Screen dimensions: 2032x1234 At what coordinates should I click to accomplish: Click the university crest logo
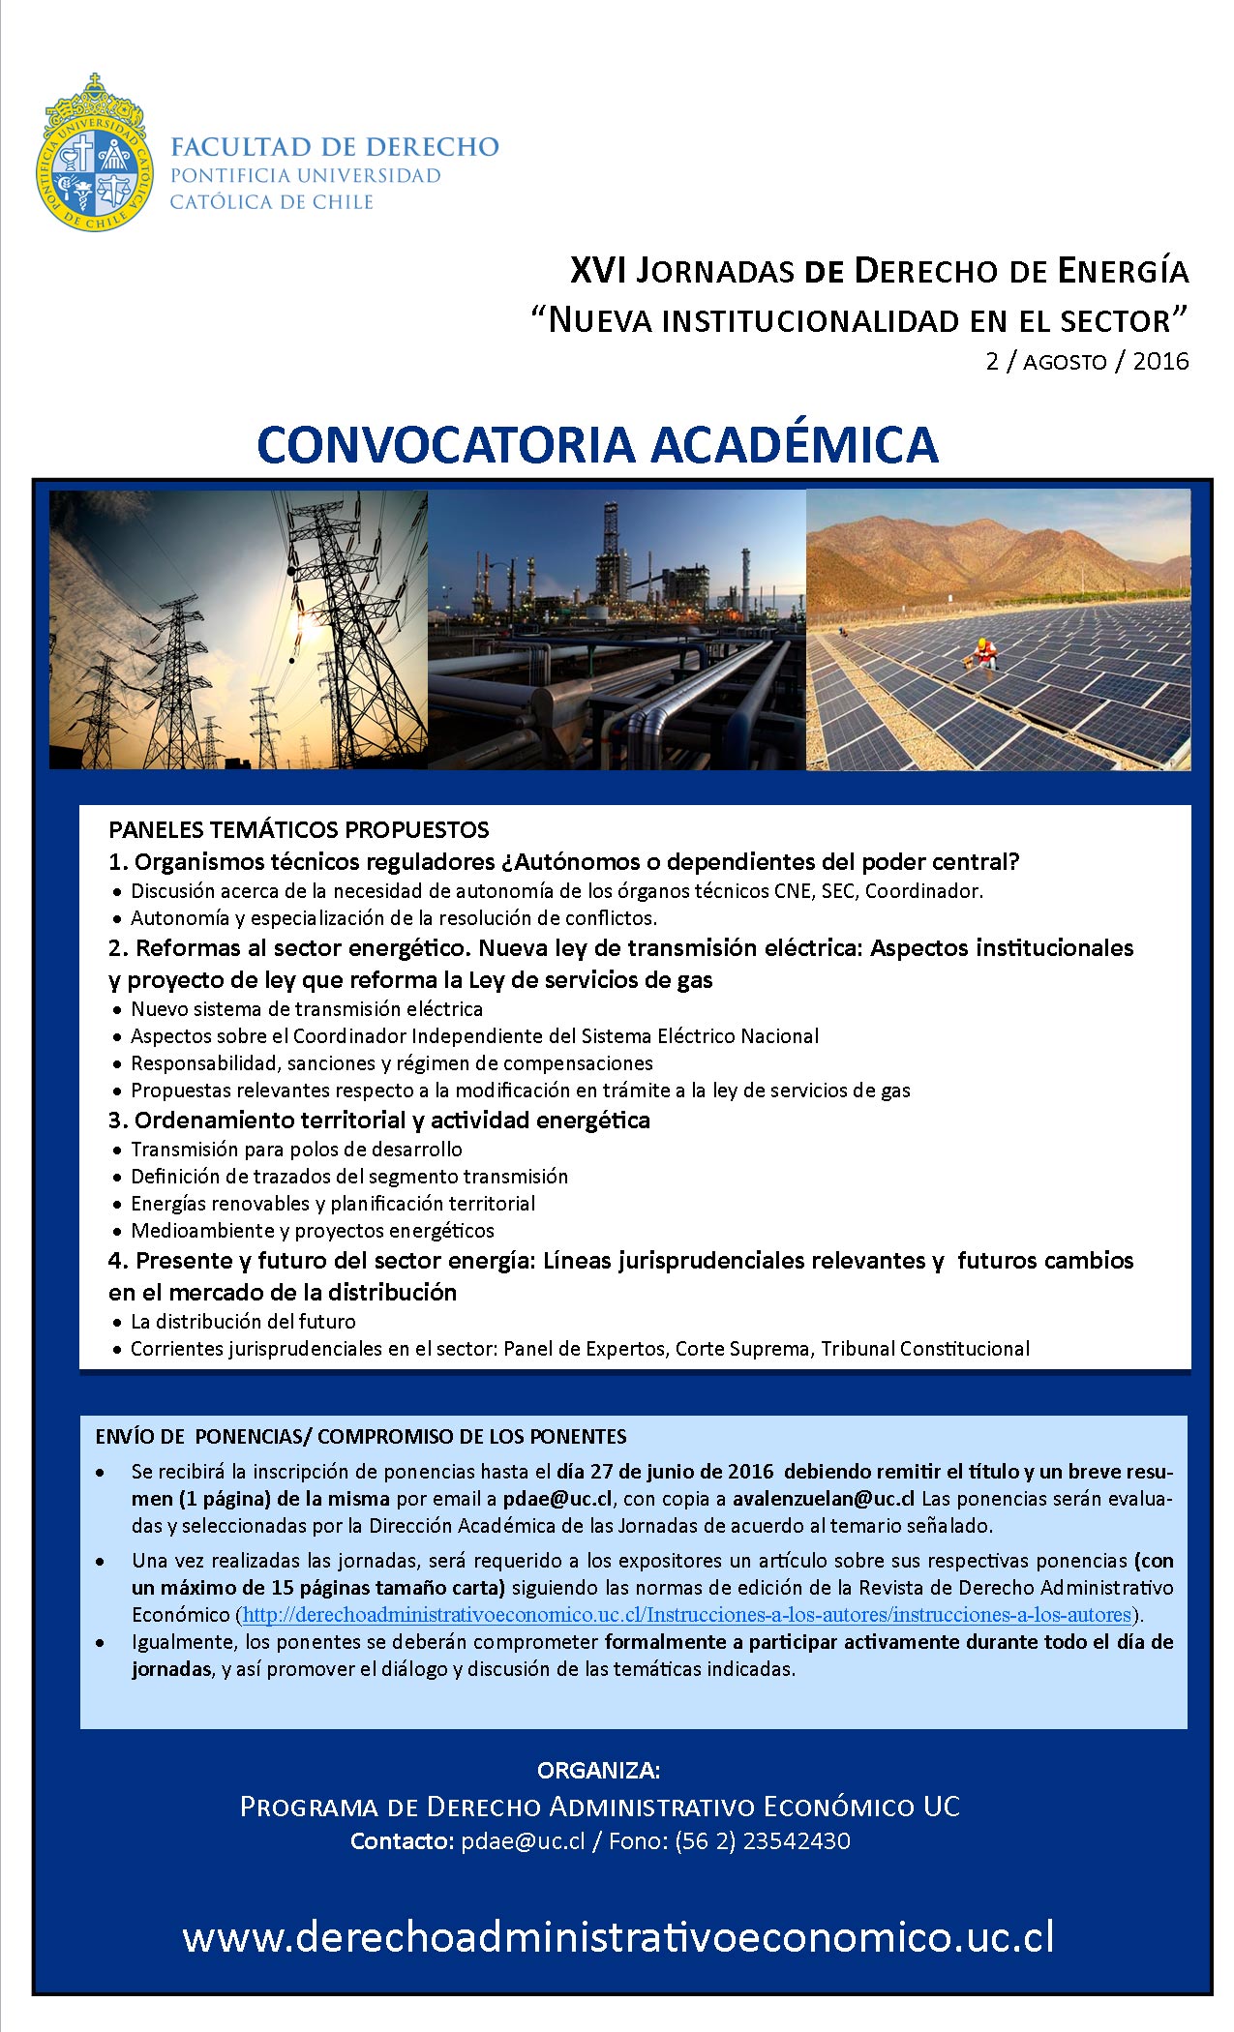click(94, 154)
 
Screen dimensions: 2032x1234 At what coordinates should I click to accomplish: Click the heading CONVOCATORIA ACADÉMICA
click(597, 444)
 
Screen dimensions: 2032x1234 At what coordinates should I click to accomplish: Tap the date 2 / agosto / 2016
click(1087, 361)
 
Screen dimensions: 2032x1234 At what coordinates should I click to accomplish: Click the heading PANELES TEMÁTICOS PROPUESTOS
click(299, 829)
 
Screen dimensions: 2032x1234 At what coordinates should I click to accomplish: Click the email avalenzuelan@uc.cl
click(824, 1499)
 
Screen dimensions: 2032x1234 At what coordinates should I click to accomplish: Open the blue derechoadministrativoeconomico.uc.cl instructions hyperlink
click(686, 1615)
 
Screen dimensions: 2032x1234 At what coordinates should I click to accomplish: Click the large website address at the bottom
click(617, 1937)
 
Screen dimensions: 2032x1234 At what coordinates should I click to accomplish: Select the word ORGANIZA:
click(598, 1770)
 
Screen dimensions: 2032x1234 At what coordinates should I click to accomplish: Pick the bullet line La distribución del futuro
click(243, 1321)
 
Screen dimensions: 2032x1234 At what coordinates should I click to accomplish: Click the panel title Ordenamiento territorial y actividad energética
click(391, 1120)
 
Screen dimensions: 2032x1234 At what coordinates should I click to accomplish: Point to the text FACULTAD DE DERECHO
click(334, 147)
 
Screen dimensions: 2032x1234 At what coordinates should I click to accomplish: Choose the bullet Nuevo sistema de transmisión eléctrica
click(307, 1008)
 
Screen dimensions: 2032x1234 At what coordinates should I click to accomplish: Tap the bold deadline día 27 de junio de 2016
click(665, 1472)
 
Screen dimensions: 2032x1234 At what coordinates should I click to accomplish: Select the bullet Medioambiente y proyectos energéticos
click(313, 1230)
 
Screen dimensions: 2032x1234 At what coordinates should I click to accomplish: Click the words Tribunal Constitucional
click(925, 1348)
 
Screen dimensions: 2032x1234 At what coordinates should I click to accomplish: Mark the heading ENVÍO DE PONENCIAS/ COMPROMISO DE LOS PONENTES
click(361, 1436)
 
